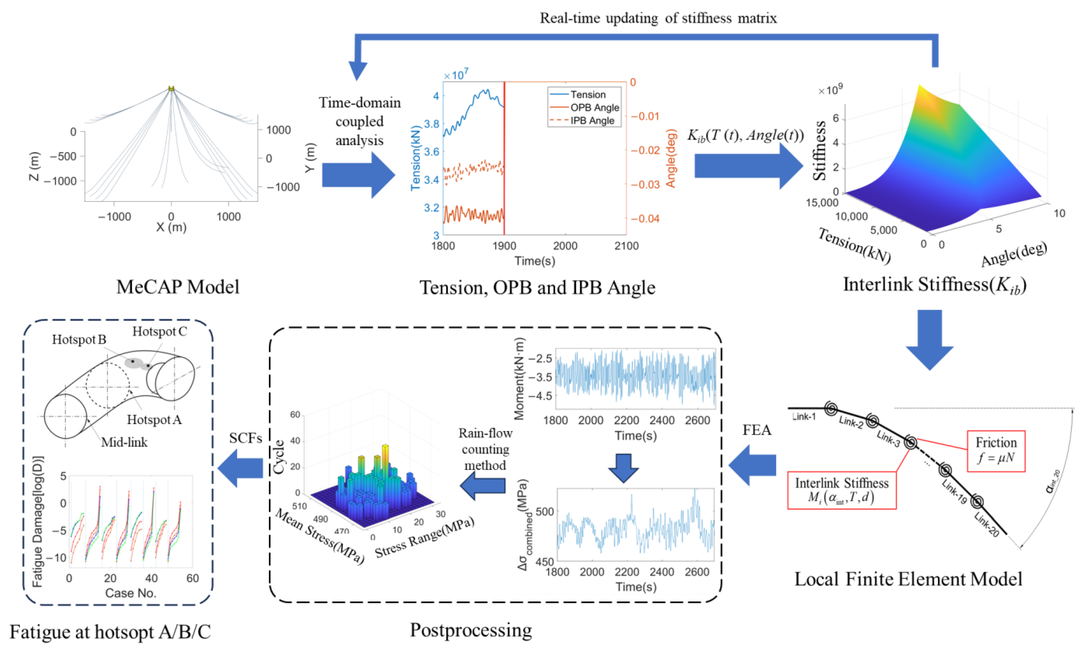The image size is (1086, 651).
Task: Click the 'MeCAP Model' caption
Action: point(178,287)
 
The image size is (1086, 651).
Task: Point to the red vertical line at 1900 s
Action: point(504,158)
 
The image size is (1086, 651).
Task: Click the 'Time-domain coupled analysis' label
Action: point(359,121)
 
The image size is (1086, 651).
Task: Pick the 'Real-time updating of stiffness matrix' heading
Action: point(658,18)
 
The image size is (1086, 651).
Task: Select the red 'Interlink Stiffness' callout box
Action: point(842,490)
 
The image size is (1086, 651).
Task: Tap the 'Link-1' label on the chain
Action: point(804,416)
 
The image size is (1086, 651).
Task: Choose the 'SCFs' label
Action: point(245,438)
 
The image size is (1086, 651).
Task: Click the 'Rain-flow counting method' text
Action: point(485,449)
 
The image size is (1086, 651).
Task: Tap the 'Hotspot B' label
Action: point(79,339)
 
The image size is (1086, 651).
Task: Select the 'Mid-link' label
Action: point(124,442)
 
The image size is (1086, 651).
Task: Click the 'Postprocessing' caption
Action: point(471,630)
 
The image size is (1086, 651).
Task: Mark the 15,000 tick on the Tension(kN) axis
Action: point(822,203)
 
